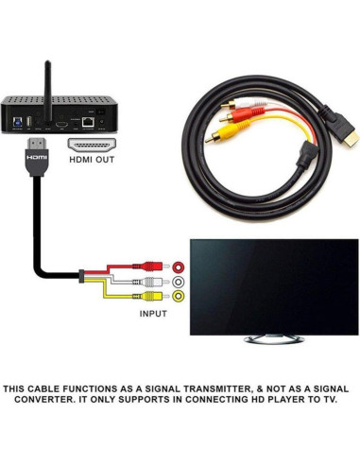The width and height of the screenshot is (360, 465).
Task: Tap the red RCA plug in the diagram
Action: [x=147, y=267]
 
